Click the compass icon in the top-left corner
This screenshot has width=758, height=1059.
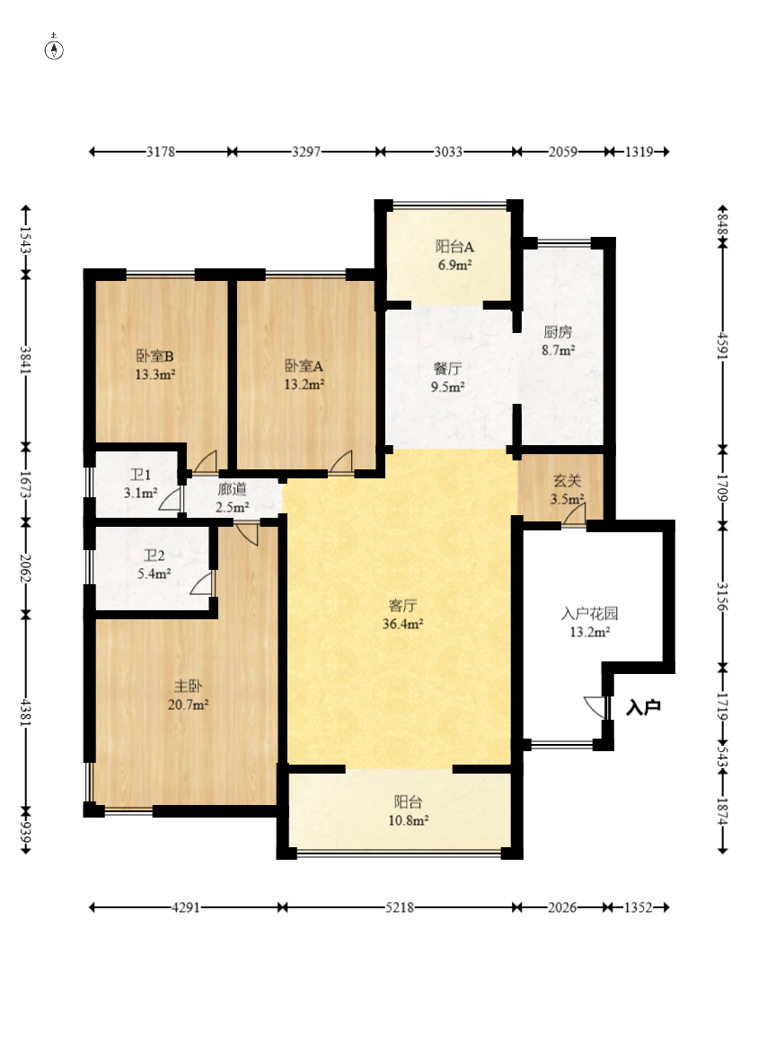point(54,48)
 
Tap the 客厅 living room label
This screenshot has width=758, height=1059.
point(402,606)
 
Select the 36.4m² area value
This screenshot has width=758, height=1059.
point(402,624)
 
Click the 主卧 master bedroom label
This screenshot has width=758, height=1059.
point(188,687)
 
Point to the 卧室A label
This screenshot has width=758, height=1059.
point(304,366)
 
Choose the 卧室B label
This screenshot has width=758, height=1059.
point(155,356)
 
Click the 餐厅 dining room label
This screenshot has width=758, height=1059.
point(447,369)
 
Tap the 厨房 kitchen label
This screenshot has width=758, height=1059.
point(558,332)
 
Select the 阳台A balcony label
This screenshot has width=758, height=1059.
point(454,247)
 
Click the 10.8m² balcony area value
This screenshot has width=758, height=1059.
point(408,820)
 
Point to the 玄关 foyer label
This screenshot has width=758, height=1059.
point(567,481)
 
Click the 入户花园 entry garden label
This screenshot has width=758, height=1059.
point(590,614)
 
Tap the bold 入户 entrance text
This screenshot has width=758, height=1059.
point(643,708)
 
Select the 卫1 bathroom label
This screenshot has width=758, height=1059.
point(140,475)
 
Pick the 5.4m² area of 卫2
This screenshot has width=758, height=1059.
point(154,574)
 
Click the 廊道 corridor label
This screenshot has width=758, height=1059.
point(232,489)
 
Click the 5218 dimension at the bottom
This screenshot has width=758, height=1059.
point(400,907)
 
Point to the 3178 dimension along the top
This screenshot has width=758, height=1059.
point(161,152)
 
